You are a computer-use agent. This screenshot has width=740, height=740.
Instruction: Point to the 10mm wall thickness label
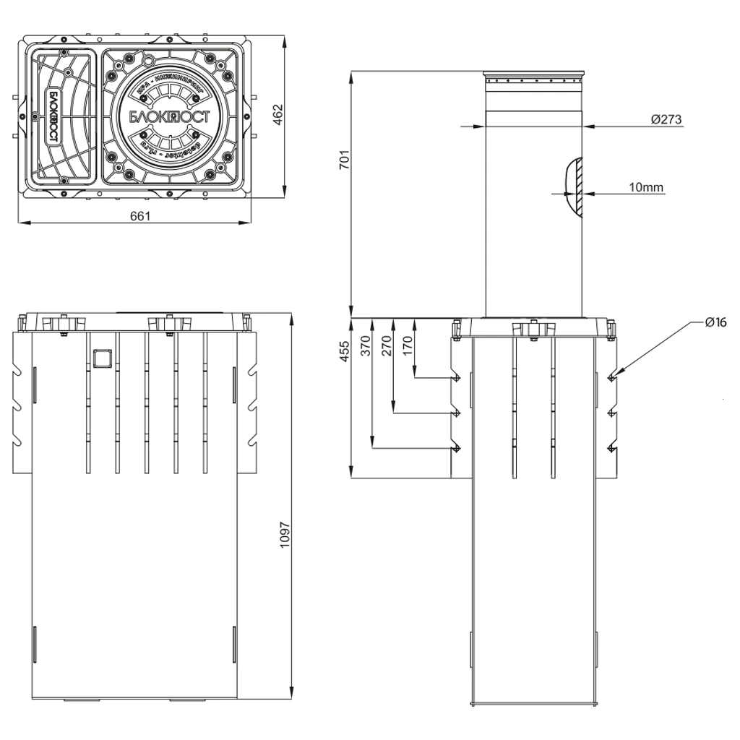coord(646,187)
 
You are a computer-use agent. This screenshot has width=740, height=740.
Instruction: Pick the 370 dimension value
coord(365,347)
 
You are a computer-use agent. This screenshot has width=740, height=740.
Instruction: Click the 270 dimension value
coord(387,347)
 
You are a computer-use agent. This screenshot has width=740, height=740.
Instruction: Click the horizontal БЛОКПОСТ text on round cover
coord(169,117)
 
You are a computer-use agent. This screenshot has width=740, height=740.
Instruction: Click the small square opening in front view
coord(102,356)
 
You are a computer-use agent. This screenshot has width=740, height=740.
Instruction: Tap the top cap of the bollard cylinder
coord(534,76)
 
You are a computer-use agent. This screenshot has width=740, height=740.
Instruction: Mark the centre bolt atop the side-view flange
coord(533,330)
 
